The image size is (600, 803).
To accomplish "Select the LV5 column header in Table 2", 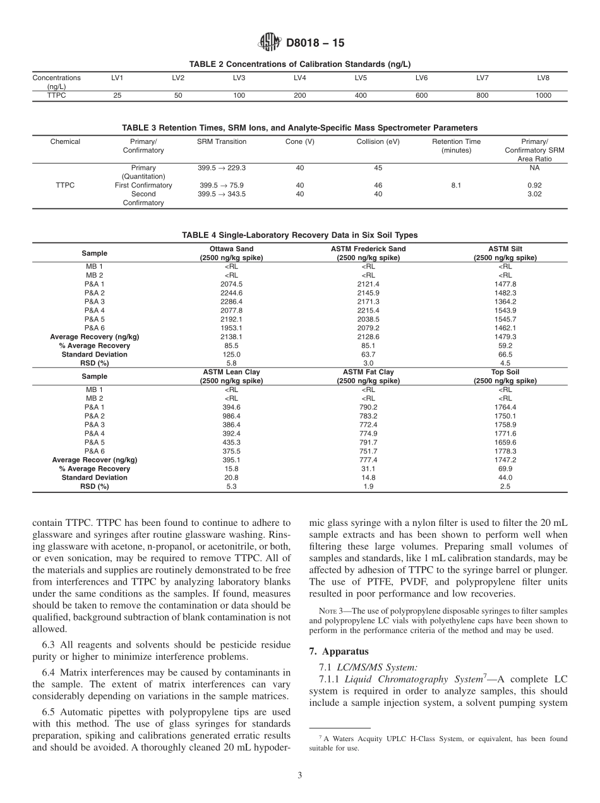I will (x=360, y=78).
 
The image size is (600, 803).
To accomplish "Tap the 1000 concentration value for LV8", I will (x=543, y=95).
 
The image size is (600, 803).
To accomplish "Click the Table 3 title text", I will (x=299, y=128).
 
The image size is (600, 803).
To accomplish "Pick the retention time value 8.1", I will (x=455, y=186).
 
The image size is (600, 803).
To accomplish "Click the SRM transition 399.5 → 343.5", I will (x=222, y=194).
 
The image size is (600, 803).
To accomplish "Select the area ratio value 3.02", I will (x=534, y=194).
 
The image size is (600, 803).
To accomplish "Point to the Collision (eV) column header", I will (x=378, y=141).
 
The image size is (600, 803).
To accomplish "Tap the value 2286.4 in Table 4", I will (x=231, y=302).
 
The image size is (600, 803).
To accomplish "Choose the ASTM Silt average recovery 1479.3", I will (x=505, y=337).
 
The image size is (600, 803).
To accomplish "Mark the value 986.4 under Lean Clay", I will (x=231, y=416).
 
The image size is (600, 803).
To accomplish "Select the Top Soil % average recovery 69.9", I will (x=505, y=469).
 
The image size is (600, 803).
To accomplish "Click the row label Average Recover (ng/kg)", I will (x=95, y=460).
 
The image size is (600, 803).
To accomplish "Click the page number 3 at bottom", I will (x=299, y=775).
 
